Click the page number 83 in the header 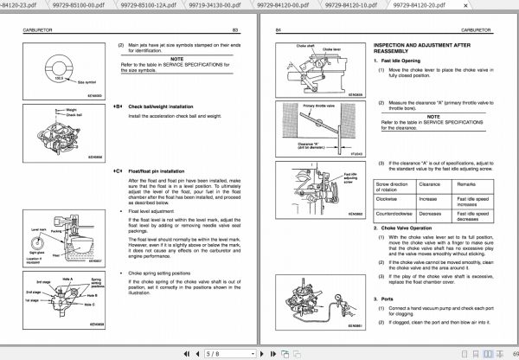coord(235,29)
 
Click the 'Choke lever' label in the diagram coord(331,49)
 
